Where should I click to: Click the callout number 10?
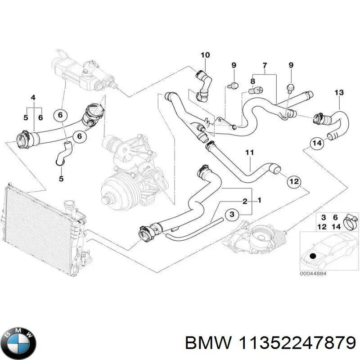[x=205, y=55]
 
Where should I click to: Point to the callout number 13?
[x=339, y=93]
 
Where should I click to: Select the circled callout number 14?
[x=317, y=144]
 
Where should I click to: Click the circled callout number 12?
[x=293, y=182]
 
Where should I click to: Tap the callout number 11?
[x=250, y=153]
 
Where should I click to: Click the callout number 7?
[x=265, y=66]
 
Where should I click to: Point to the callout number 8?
[x=252, y=81]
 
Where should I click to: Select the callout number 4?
[x=32, y=98]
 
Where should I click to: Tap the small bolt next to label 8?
[x=254, y=90]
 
